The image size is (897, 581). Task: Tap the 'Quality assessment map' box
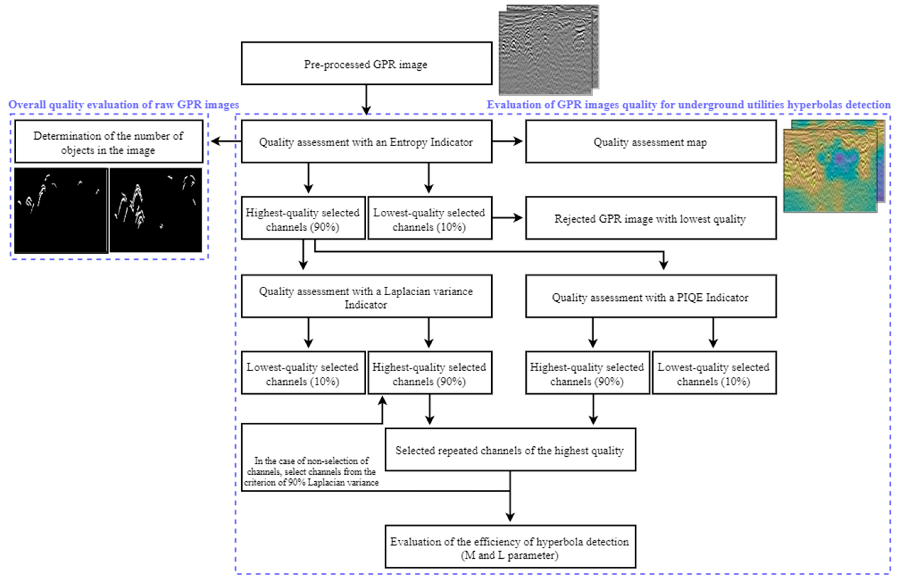651,142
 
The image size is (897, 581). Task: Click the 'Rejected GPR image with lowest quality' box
651,218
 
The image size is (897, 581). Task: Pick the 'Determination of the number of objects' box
109,142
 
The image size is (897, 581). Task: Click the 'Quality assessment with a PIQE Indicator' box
651,297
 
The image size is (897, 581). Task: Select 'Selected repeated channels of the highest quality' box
510,450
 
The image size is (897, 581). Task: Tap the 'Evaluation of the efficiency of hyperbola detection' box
510,547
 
